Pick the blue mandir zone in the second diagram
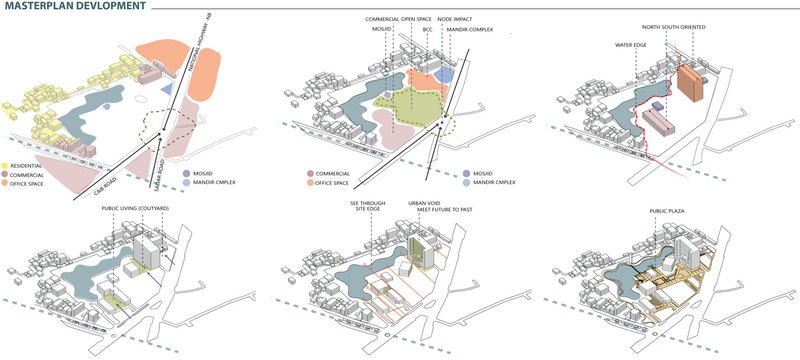pos(446,74)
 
